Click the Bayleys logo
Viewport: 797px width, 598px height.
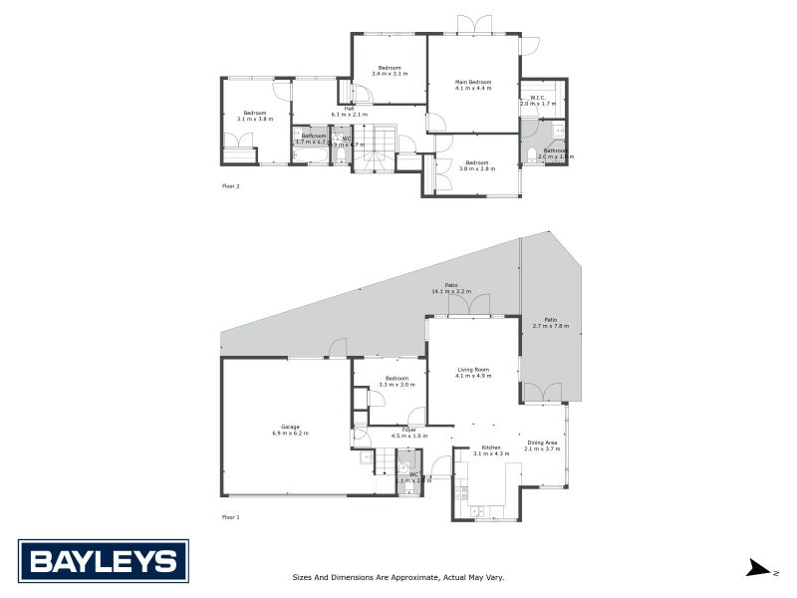pyautogui.click(x=103, y=561)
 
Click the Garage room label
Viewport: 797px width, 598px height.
pyautogui.click(x=290, y=430)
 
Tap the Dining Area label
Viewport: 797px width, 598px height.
pyautogui.click(x=543, y=446)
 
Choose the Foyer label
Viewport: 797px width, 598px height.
pyautogui.click(x=409, y=433)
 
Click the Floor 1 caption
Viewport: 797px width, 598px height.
pyautogui.click(x=230, y=517)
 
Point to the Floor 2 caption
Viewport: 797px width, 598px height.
pyautogui.click(x=230, y=185)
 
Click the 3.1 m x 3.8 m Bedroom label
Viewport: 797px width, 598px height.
pyautogui.click(x=255, y=116)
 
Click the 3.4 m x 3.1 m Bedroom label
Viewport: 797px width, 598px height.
pyautogui.click(x=389, y=70)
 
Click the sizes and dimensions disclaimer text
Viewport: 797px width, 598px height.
pyautogui.click(x=398, y=577)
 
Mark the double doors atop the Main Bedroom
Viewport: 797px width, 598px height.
pyautogui.click(x=473, y=24)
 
